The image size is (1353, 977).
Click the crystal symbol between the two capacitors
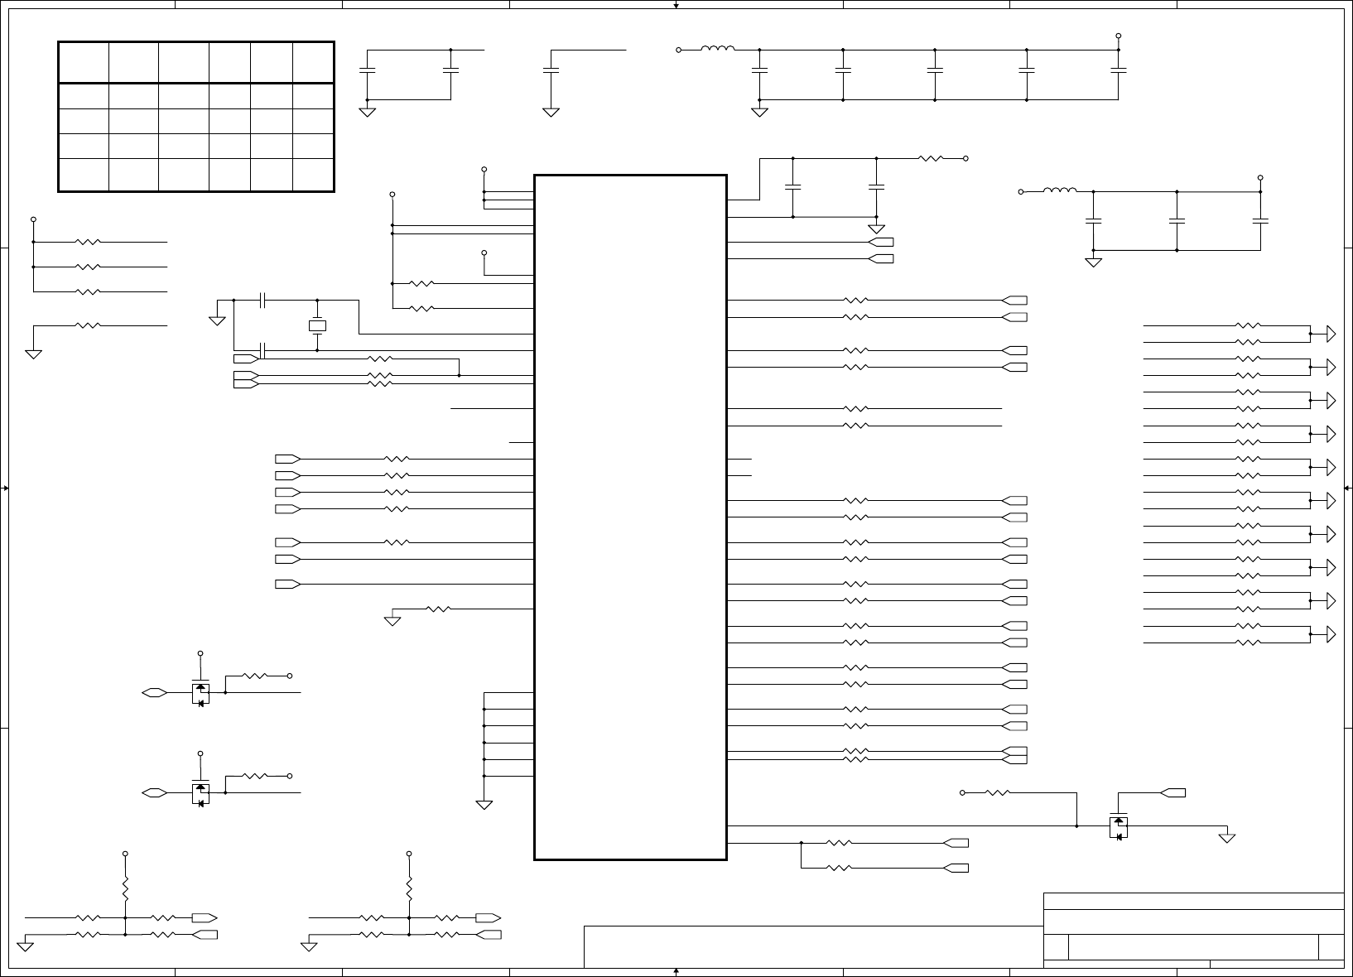317,325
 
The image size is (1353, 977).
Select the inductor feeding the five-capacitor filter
717,50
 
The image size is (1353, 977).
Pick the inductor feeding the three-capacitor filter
1060,191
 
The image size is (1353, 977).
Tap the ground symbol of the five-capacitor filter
759,111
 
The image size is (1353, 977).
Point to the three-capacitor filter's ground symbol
1093,262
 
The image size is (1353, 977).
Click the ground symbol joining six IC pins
484,803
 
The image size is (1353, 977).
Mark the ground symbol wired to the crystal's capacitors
217,319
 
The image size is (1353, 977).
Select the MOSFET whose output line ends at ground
1118,827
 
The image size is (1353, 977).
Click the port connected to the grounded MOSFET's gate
1172,793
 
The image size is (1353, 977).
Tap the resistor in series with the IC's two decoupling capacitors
931,158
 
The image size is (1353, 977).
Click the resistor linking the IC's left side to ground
438,609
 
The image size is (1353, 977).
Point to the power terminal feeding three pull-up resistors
33,219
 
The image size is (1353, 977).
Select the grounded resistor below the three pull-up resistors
88,325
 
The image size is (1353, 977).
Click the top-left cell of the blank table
84,62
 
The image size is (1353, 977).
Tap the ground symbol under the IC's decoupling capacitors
876,229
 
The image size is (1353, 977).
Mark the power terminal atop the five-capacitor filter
1118,36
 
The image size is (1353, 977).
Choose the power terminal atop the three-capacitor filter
1260,177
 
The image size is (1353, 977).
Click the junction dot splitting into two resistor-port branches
802,843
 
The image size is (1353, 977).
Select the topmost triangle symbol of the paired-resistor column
1331,334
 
